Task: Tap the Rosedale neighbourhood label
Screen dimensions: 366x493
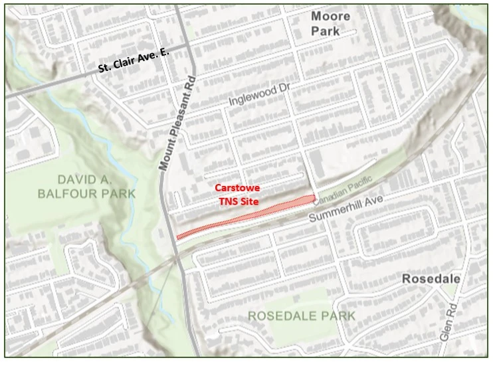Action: click(431, 279)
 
